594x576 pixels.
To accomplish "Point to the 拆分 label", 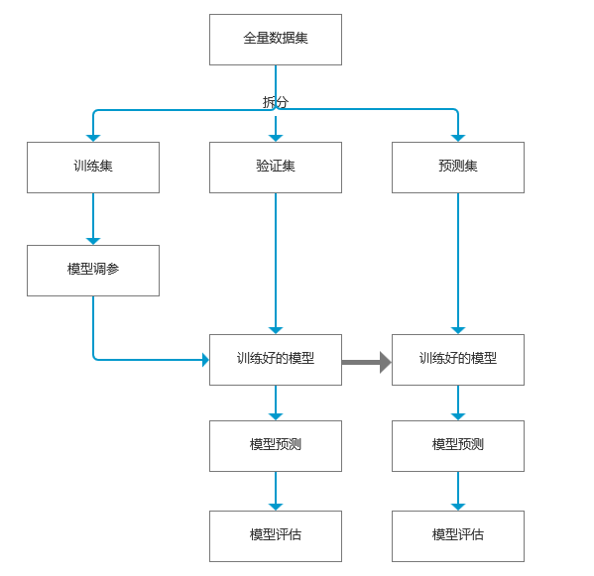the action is (276, 102).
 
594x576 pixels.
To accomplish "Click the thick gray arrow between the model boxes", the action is (366, 363).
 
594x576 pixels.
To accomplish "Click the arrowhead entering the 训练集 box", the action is (93, 138).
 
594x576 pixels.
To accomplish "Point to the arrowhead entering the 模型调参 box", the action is (93, 241).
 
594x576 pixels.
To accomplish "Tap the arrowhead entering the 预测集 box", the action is (458, 138).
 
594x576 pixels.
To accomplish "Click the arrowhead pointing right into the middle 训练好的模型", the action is (205, 360).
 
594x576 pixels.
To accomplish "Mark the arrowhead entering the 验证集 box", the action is (276, 138).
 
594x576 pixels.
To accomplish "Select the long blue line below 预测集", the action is (458, 264).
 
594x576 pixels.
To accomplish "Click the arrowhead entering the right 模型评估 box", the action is (458, 507).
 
